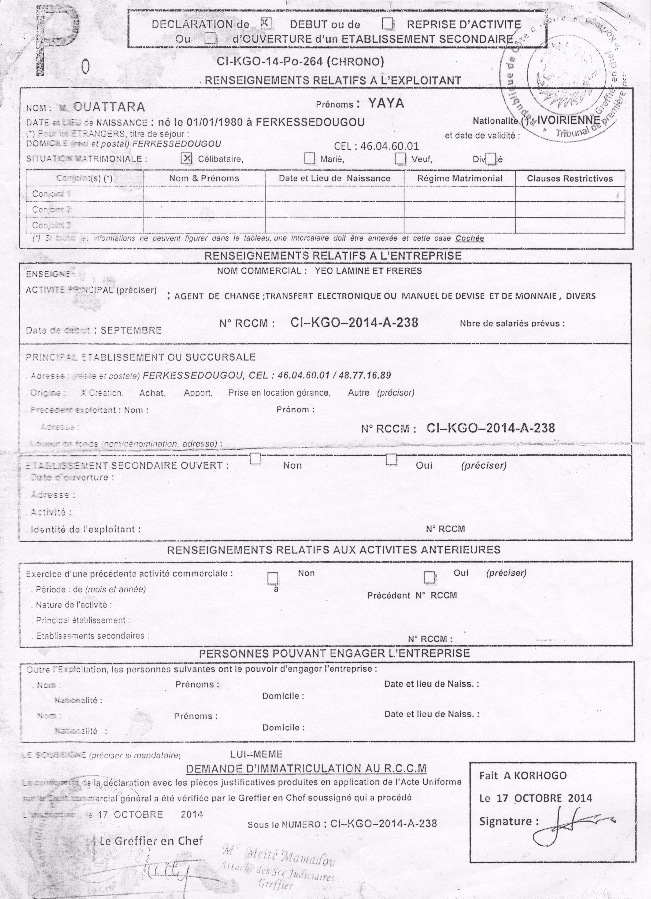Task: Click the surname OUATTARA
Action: click(109, 107)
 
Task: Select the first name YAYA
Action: click(386, 103)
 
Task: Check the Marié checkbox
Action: click(309, 158)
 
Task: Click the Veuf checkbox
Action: click(400, 158)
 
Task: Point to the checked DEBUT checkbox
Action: click(266, 24)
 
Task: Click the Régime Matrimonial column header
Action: click(460, 178)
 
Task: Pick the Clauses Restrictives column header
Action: click(570, 178)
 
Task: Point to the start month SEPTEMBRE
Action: click(131, 330)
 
